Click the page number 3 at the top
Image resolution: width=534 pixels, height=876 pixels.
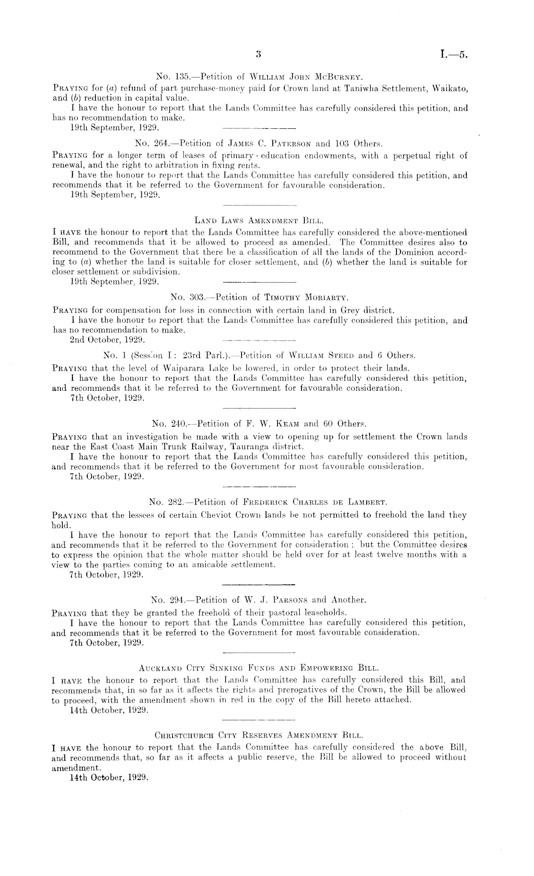pos(258,54)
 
